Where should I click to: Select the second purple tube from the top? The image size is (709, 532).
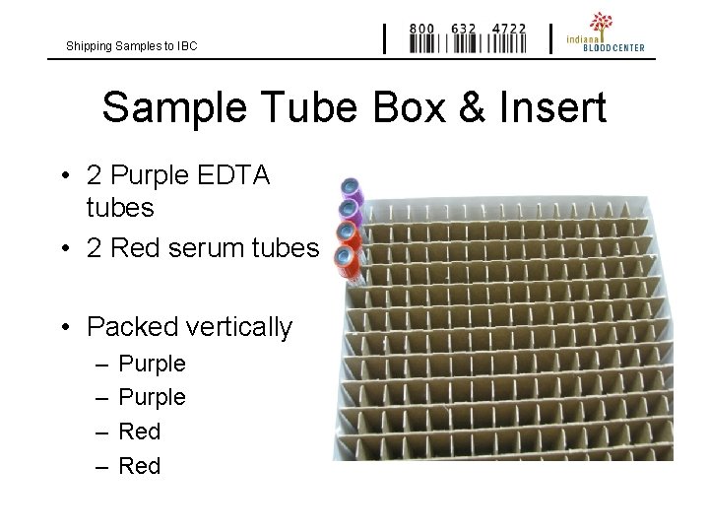click(x=350, y=210)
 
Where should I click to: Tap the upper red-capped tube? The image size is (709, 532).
click(x=348, y=233)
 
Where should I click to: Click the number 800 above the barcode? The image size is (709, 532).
click(x=422, y=30)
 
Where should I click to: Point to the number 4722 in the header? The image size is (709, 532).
click(x=508, y=30)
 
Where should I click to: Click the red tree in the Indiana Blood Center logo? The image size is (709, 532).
click(x=601, y=23)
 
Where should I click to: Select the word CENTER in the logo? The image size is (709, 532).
click(x=627, y=47)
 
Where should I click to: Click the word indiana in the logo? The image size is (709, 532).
click(x=580, y=37)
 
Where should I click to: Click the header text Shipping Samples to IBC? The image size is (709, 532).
click(x=131, y=46)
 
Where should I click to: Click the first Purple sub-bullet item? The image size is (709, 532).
click(x=152, y=364)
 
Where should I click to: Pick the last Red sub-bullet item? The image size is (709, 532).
click(x=139, y=466)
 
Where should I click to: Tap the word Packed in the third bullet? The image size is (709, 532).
click(x=127, y=327)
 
